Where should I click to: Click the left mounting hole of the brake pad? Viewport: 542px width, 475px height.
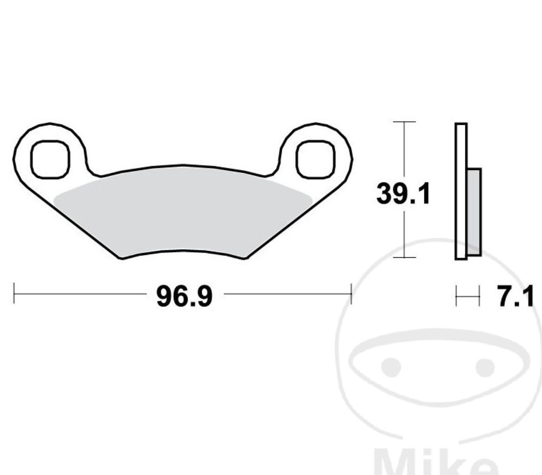(x=50, y=158)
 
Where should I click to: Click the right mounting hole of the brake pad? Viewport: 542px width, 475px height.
(x=316, y=158)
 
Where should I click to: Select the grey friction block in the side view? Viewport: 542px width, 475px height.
(x=474, y=211)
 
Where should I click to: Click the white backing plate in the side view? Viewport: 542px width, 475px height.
(x=461, y=191)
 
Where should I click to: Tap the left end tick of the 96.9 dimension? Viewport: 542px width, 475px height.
(x=14, y=293)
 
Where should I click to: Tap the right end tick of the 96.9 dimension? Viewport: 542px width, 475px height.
(x=351, y=293)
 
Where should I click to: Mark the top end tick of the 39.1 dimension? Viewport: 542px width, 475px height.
(x=404, y=122)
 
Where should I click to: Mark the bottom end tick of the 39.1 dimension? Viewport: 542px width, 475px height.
(x=404, y=257)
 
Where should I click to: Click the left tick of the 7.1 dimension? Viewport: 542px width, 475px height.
(x=456, y=297)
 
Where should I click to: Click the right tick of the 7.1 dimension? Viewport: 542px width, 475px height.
(x=479, y=297)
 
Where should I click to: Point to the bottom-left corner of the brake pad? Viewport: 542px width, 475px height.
(x=122, y=258)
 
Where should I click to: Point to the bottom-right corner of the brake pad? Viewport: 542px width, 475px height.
(x=245, y=258)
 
